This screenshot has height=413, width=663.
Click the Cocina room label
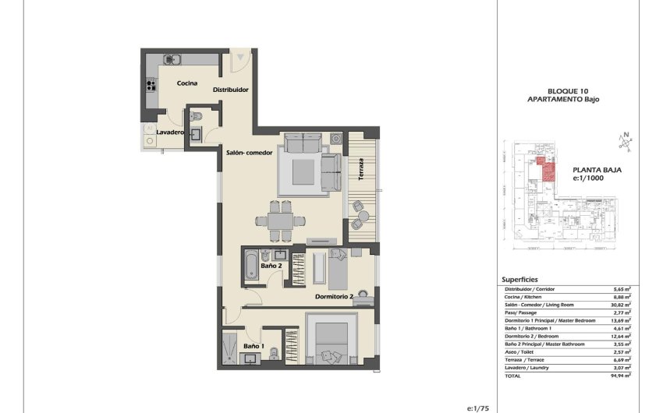[x=186, y=83]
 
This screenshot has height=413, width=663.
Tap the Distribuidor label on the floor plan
[x=231, y=90]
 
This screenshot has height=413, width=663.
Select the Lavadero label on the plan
[x=169, y=132]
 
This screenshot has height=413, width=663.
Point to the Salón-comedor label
[x=250, y=153]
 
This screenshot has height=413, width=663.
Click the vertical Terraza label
[x=361, y=170]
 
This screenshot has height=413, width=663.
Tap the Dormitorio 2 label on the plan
[x=335, y=297]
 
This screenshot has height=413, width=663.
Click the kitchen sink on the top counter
[x=172, y=59]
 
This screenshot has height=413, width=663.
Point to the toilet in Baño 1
[x=271, y=356]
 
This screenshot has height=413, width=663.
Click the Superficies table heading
[x=519, y=280]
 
